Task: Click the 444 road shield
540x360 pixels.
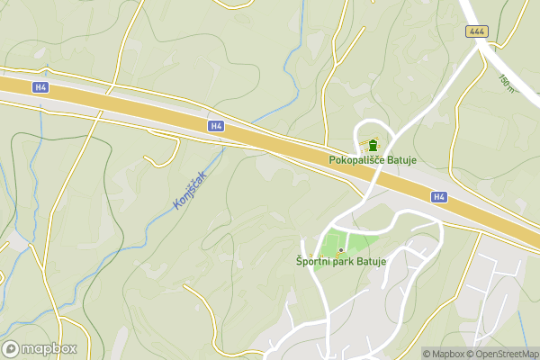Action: (476, 31)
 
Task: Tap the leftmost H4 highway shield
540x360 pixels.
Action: (40, 87)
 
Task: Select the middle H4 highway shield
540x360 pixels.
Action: (215, 126)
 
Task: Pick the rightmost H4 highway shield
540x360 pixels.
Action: (438, 196)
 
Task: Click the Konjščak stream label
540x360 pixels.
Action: (190, 190)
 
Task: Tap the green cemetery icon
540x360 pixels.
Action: (373, 145)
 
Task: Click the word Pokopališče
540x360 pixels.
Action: (355, 161)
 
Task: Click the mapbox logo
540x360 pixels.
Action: (40, 349)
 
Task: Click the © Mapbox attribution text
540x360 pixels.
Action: (444, 354)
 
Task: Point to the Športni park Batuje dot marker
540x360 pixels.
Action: (340, 249)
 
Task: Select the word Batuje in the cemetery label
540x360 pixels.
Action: (400, 161)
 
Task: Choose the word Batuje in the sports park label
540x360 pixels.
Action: (369, 262)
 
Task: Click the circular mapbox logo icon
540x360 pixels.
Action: (11, 349)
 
